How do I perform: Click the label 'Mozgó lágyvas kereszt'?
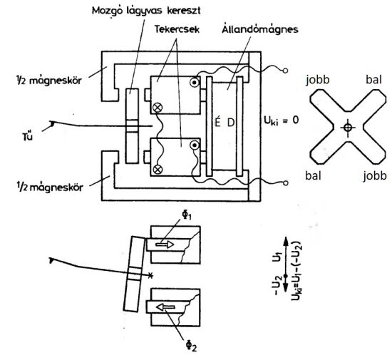(146, 11)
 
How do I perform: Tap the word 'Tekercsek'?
(177, 29)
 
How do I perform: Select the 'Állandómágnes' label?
(260, 29)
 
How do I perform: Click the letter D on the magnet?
(231, 123)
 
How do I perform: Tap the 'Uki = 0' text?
(282, 120)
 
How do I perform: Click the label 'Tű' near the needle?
(28, 136)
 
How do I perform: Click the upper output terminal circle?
(285, 71)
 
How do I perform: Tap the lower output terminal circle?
(285, 183)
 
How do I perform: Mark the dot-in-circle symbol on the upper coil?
(195, 83)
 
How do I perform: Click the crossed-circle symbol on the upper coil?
(158, 108)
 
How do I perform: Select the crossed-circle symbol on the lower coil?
(158, 170)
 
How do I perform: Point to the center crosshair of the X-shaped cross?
(348, 128)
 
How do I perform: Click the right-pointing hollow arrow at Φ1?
(165, 245)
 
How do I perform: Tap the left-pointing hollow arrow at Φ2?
(165, 307)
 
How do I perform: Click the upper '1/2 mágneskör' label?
(48, 81)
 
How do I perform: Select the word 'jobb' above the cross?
(318, 80)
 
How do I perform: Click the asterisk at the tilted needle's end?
(150, 275)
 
